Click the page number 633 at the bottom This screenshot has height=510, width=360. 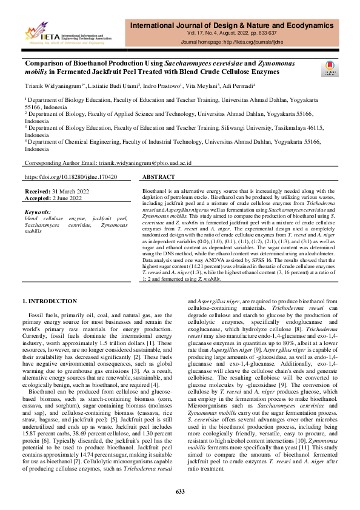[x=180, y=491]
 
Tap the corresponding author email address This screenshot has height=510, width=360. [x=145, y=164]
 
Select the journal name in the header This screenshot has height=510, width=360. [x=240, y=25]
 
